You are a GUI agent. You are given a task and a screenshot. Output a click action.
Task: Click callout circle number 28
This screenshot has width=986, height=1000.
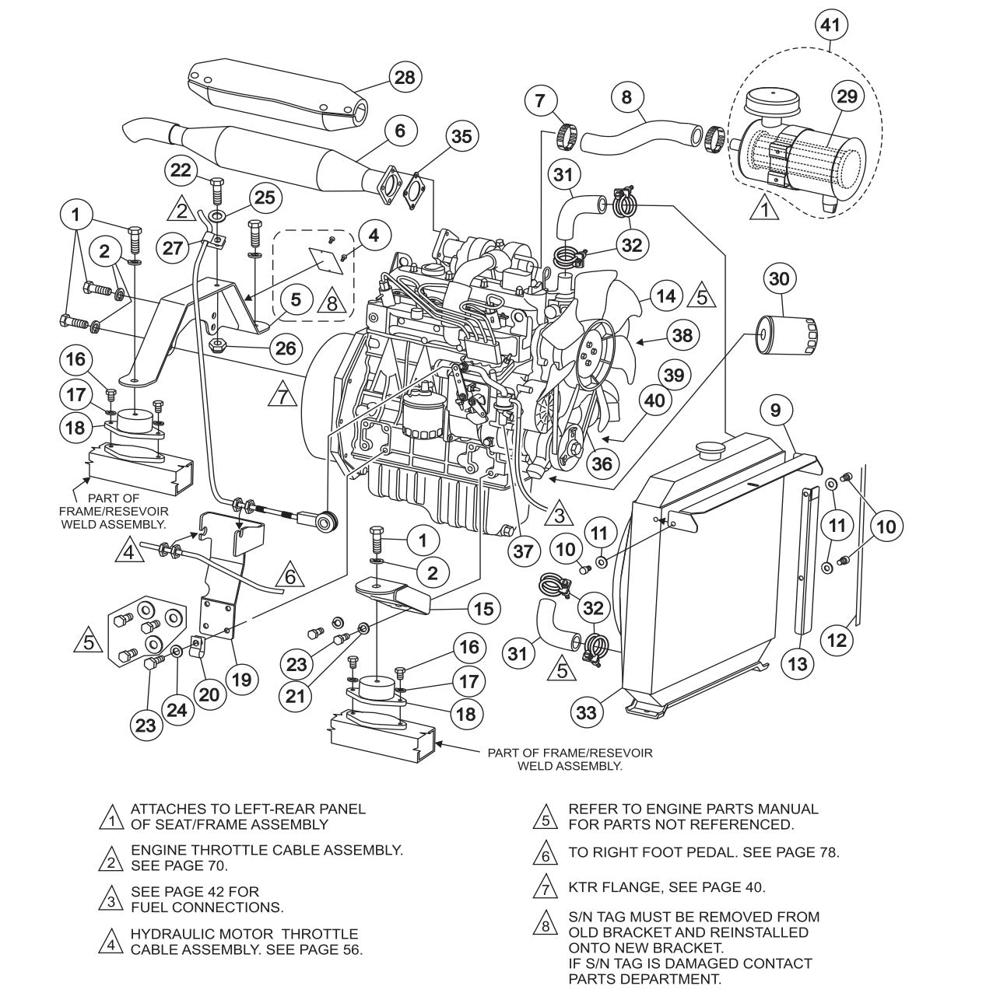pos(405,77)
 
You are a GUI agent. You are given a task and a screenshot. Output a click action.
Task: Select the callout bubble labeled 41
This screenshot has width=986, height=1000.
pos(830,25)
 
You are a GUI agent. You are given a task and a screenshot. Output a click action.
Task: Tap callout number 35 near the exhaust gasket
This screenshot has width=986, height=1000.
pos(462,136)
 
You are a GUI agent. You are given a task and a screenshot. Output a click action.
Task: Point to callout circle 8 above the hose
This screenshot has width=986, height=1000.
pos(626,98)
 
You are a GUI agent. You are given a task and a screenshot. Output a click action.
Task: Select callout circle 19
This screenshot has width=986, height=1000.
pos(241,679)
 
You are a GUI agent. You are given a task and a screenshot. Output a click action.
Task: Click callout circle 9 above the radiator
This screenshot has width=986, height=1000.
pos(775,410)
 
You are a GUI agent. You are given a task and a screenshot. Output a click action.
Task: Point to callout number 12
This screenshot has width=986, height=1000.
pos(837,640)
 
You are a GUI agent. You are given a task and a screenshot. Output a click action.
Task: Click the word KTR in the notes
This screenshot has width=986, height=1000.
pos(582,886)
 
